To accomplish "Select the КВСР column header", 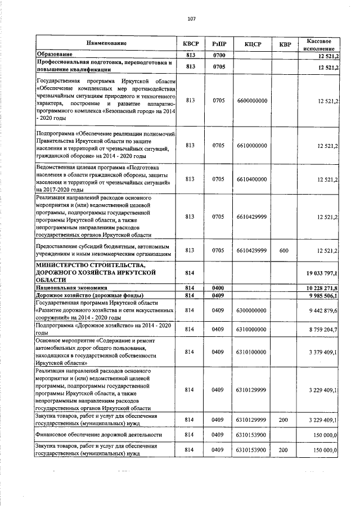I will tap(191, 43).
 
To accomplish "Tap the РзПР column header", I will tap(219, 43).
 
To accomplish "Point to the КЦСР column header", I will tap(251, 43).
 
